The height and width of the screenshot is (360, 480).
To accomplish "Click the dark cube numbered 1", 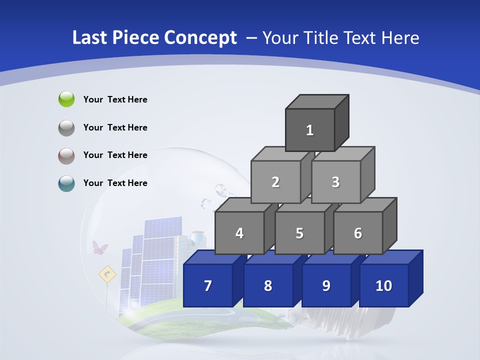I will [310, 130].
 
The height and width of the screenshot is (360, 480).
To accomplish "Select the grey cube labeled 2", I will [275, 182].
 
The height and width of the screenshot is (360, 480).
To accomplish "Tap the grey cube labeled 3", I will [335, 182].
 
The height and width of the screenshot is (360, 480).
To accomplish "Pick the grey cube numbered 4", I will [239, 233].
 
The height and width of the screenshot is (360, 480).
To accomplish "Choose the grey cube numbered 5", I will [299, 233].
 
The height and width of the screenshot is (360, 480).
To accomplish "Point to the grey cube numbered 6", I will [358, 233].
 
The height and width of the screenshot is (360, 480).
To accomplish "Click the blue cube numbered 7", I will [208, 285].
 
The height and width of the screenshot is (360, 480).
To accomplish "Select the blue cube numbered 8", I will [268, 285].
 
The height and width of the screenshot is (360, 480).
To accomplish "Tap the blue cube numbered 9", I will [326, 285].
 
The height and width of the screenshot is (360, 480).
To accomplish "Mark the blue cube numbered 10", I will [384, 285].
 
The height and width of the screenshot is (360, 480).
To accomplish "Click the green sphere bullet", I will [66, 99].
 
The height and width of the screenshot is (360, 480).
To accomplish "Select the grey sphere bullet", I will [66, 127].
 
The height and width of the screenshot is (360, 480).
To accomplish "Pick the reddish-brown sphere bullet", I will [66, 155].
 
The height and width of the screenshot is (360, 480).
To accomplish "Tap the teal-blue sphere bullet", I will [66, 183].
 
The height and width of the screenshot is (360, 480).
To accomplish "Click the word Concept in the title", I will [200, 38].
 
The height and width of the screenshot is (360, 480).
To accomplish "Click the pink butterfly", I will [100, 248].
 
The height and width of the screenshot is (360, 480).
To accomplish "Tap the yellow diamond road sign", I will [107, 274].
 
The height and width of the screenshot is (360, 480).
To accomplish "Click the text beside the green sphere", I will [115, 99].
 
